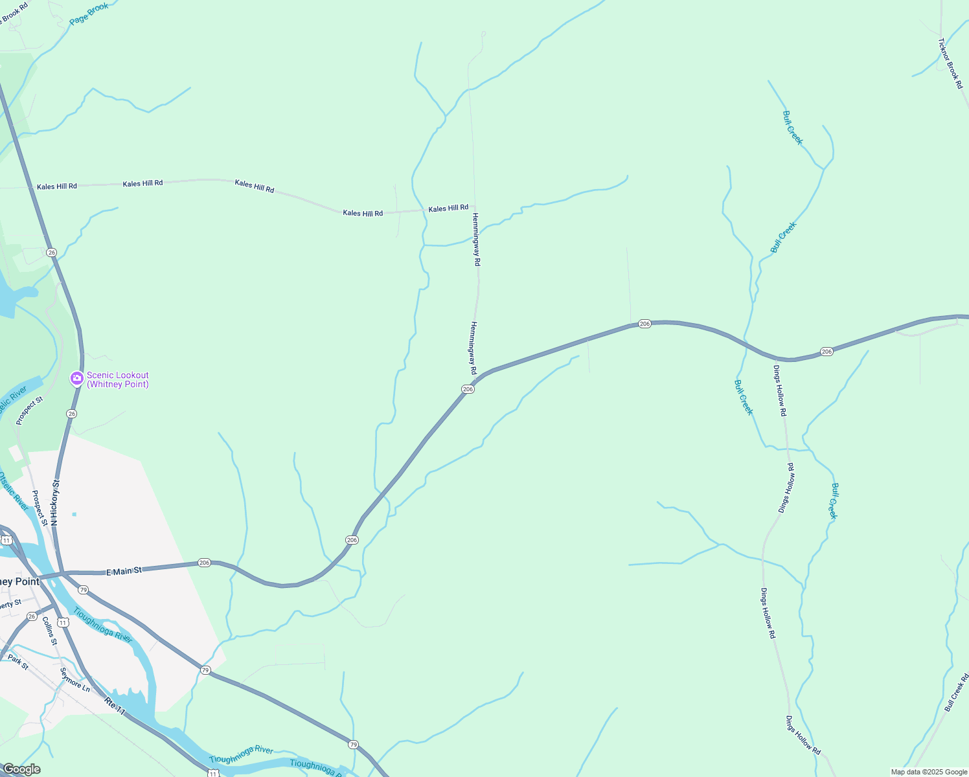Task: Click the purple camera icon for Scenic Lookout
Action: point(77,378)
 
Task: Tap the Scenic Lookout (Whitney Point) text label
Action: point(118,380)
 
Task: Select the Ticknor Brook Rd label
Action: point(950,63)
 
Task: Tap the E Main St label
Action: point(124,571)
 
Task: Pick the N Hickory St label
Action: point(55,502)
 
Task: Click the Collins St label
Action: point(49,631)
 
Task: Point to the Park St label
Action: point(18,662)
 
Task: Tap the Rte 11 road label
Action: point(115,706)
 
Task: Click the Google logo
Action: point(21,769)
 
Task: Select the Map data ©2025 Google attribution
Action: point(929,772)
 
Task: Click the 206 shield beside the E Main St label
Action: point(205,563)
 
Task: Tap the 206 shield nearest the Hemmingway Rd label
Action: point(468,389)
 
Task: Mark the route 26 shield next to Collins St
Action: point(32,616)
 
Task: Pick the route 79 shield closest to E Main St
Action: point(83,590)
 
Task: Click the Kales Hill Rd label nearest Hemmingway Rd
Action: point(448,208)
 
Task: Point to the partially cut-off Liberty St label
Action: point(10,604)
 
